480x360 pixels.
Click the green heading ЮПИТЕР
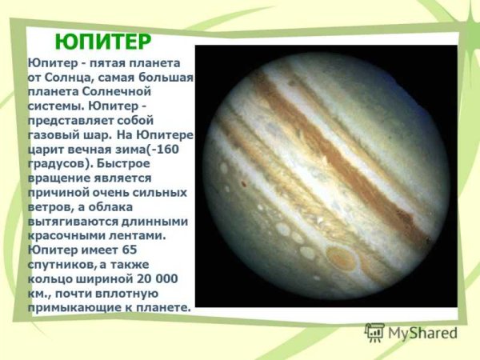click(102, 41)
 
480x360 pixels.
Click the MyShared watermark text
click(421, 333)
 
